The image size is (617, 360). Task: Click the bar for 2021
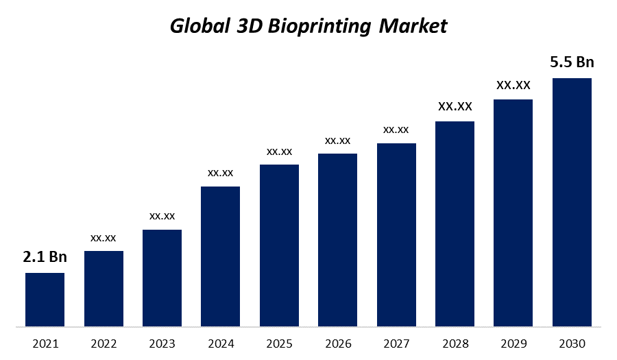click(45, 300)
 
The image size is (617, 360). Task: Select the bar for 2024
click(220, 256)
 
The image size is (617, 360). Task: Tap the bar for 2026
click(337, 240)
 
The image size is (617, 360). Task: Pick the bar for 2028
click(455, 224)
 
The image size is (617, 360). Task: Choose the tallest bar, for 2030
click(572, 202)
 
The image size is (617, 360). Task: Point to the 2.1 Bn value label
click(45, 257)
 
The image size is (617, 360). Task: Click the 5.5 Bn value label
click(572, 62)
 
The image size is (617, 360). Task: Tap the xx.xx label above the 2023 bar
click(162, 216)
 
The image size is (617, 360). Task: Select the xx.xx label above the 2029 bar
click(513, 85)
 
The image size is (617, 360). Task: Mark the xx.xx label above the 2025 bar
click(279, 151)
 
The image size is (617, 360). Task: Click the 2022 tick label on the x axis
click(104, 343)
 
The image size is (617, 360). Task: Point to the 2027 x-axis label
click(396, 343)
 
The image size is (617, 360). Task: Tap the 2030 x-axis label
click(572, 343)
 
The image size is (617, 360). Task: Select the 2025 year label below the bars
click(279, 343)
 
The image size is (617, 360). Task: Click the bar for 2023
click(162, 278)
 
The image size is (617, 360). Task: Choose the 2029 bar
click(513, 213)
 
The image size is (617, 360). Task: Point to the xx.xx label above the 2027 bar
click(396, 130)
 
